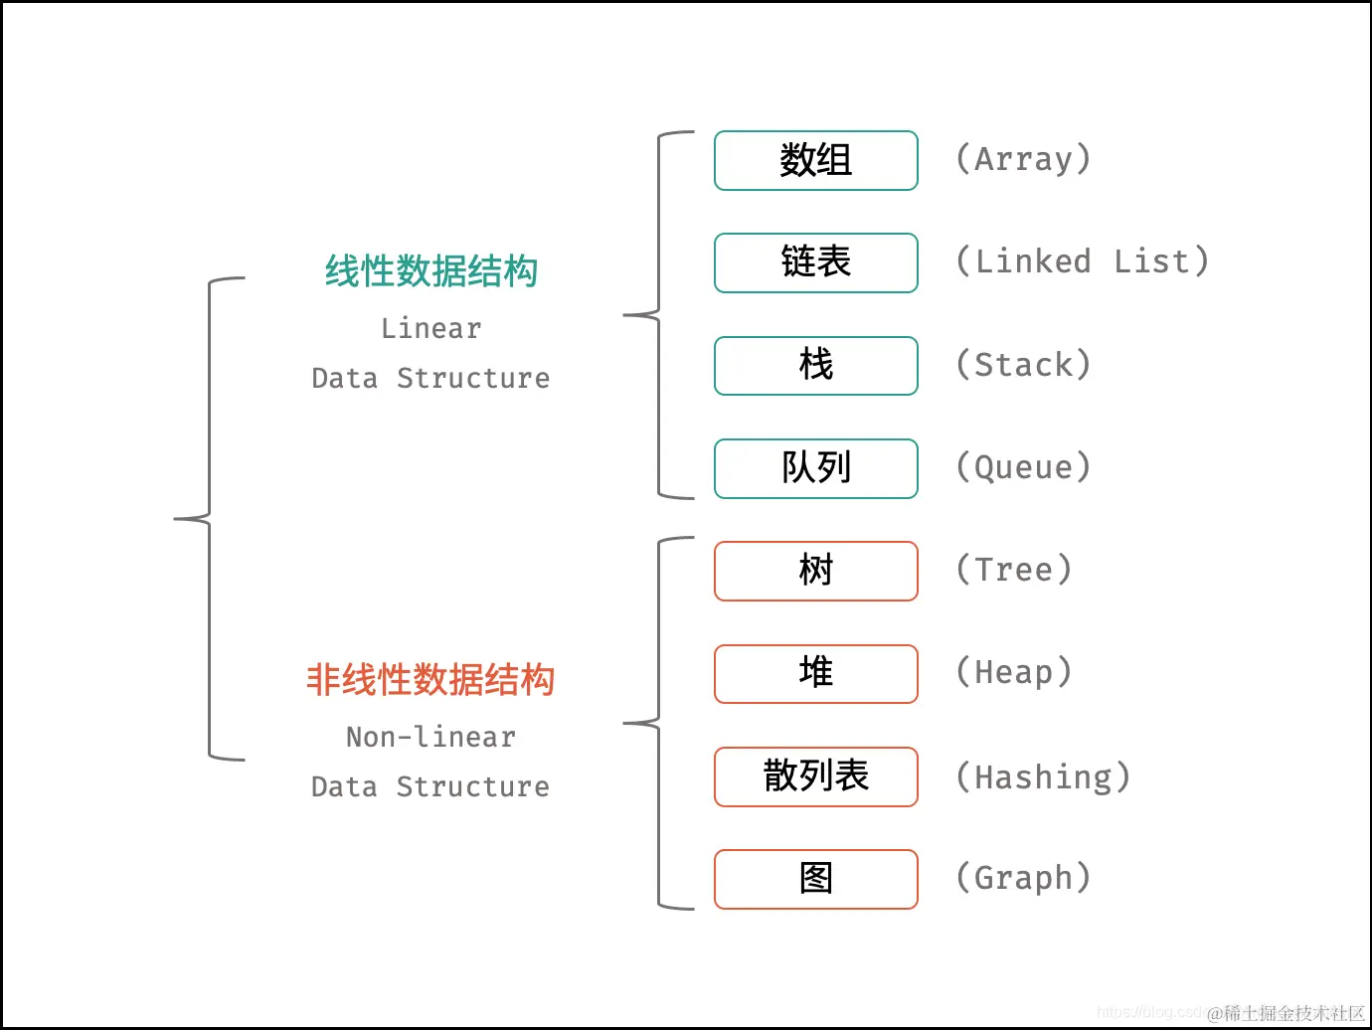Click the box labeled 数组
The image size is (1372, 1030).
click(x=815, y=160)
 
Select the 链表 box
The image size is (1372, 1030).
click(x=815, y=262)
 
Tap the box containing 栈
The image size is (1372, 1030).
click(x=815, y=365)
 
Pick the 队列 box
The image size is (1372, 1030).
click(x=815, y=467)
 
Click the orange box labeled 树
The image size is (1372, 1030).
click(x=815, y=571)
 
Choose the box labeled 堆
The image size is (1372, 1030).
click(x=815, y=673)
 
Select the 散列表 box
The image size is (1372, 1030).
click(x=815, y=775)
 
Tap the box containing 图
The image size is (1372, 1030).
click(x=815, y=878)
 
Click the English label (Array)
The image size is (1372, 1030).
click(x=1023, y=159)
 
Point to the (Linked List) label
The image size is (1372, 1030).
click(x=1082, y=261)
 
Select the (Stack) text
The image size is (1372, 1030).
click(x=1023, y=365)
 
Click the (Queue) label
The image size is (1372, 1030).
click(x=1023, y=467)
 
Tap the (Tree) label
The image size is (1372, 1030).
click(x=1013, y=570)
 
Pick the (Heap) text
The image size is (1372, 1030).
click(x=1013, y=672)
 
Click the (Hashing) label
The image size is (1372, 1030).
click(x=1043, y=776)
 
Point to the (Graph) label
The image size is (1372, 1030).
click(x=1023, y=878)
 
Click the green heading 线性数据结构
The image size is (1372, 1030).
click(x=430, y=271)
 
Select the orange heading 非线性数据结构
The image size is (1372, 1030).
click(x=430, y=680)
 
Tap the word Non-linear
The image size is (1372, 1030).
click(x=430, y=737)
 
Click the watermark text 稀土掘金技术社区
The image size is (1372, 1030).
click(x=1292, y=1013)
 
